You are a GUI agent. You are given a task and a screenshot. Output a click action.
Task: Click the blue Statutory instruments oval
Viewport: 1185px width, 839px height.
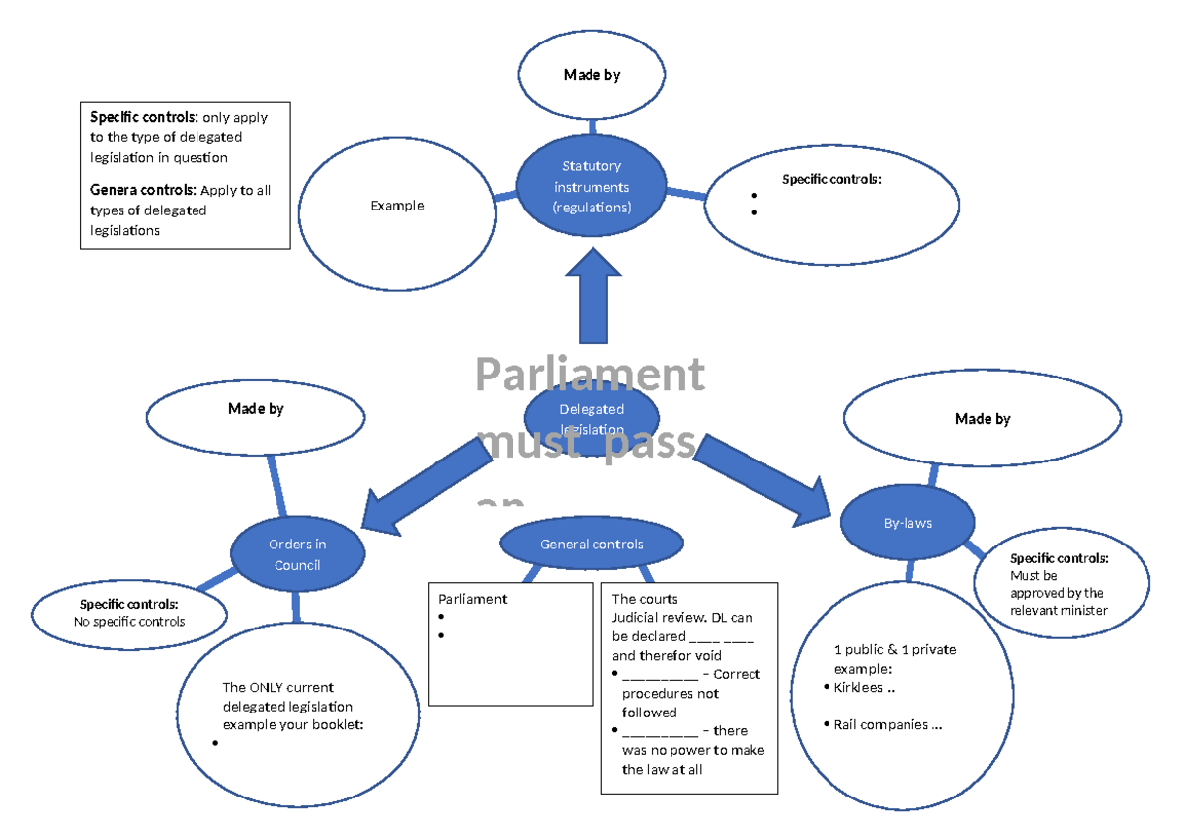coord(592,186)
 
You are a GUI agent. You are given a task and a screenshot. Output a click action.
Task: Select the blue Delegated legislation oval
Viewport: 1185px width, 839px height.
coord(592,417)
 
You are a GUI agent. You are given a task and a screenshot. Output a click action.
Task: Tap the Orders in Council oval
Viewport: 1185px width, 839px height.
coord(297,554)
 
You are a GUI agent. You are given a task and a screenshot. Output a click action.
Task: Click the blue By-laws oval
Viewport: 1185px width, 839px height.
coord(908,523)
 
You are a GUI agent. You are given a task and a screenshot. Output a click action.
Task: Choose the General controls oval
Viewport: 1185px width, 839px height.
coord(592,545)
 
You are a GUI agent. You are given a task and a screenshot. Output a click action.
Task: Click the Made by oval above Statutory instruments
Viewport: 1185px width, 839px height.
coord(592,75)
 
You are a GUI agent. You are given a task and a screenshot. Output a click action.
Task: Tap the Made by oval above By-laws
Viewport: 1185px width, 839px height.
coord(982,419)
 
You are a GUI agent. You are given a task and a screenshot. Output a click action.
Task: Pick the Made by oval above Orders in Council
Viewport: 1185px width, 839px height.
coord(255,408)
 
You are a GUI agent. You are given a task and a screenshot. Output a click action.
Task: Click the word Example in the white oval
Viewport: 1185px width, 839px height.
coord(397,206)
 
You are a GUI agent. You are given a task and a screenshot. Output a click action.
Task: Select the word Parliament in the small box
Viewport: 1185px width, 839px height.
coord(472,599)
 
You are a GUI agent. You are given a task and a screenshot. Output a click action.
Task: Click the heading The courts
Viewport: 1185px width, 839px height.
coord(645,599)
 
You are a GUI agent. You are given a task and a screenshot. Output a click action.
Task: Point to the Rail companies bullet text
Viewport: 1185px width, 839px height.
coord(888,725)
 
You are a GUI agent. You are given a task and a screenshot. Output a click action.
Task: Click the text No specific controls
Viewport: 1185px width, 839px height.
coord(129,622)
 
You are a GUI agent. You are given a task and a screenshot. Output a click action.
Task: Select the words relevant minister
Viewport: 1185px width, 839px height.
coord(1059,610)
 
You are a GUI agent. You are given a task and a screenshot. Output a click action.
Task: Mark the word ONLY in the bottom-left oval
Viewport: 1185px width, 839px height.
coord(268,687)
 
